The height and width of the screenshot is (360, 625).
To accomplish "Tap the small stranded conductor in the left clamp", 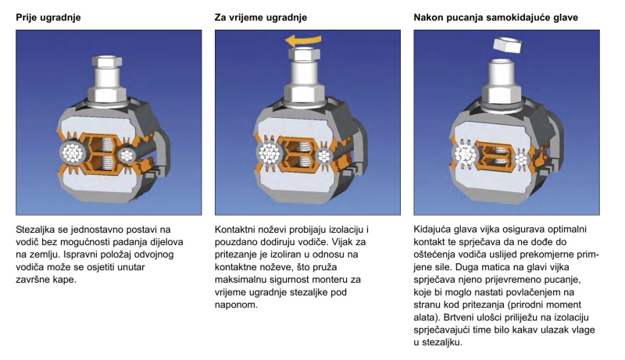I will point(129,153).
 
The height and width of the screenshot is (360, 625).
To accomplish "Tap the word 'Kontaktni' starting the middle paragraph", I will point(237,231).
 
